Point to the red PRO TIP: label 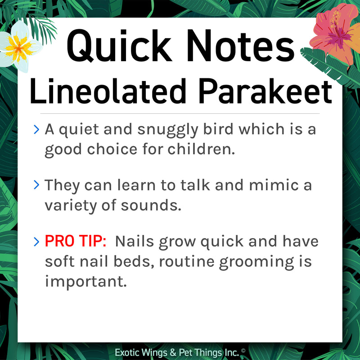pos(75,241)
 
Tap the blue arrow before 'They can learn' pos(36,185)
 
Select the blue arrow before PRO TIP pos(36,241)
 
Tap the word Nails pos(136,241)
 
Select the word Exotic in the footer pos(129,352)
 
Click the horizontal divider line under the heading pos(180,113)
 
